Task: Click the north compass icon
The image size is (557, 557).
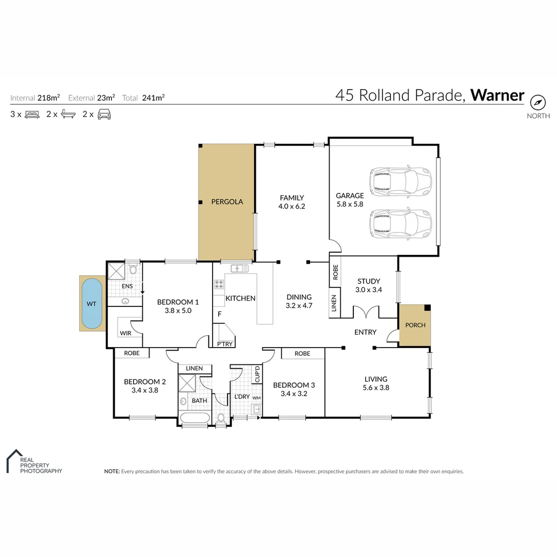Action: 538,102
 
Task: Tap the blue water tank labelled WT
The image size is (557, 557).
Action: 92,304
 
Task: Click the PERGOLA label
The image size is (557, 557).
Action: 227,202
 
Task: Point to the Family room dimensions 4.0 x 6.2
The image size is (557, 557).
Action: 292,206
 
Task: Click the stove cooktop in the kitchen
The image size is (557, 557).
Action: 219,284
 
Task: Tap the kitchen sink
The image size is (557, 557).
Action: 239,268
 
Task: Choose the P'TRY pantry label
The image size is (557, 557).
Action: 224,344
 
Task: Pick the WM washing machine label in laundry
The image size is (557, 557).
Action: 256,398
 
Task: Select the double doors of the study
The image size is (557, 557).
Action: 366,313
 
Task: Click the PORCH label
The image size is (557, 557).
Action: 415,325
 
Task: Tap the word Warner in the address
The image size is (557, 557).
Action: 497,95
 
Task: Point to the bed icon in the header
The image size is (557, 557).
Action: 32,114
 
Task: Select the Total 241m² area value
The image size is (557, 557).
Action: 154,97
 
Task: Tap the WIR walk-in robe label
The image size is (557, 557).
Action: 125,333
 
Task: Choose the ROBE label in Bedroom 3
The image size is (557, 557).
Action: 303,353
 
